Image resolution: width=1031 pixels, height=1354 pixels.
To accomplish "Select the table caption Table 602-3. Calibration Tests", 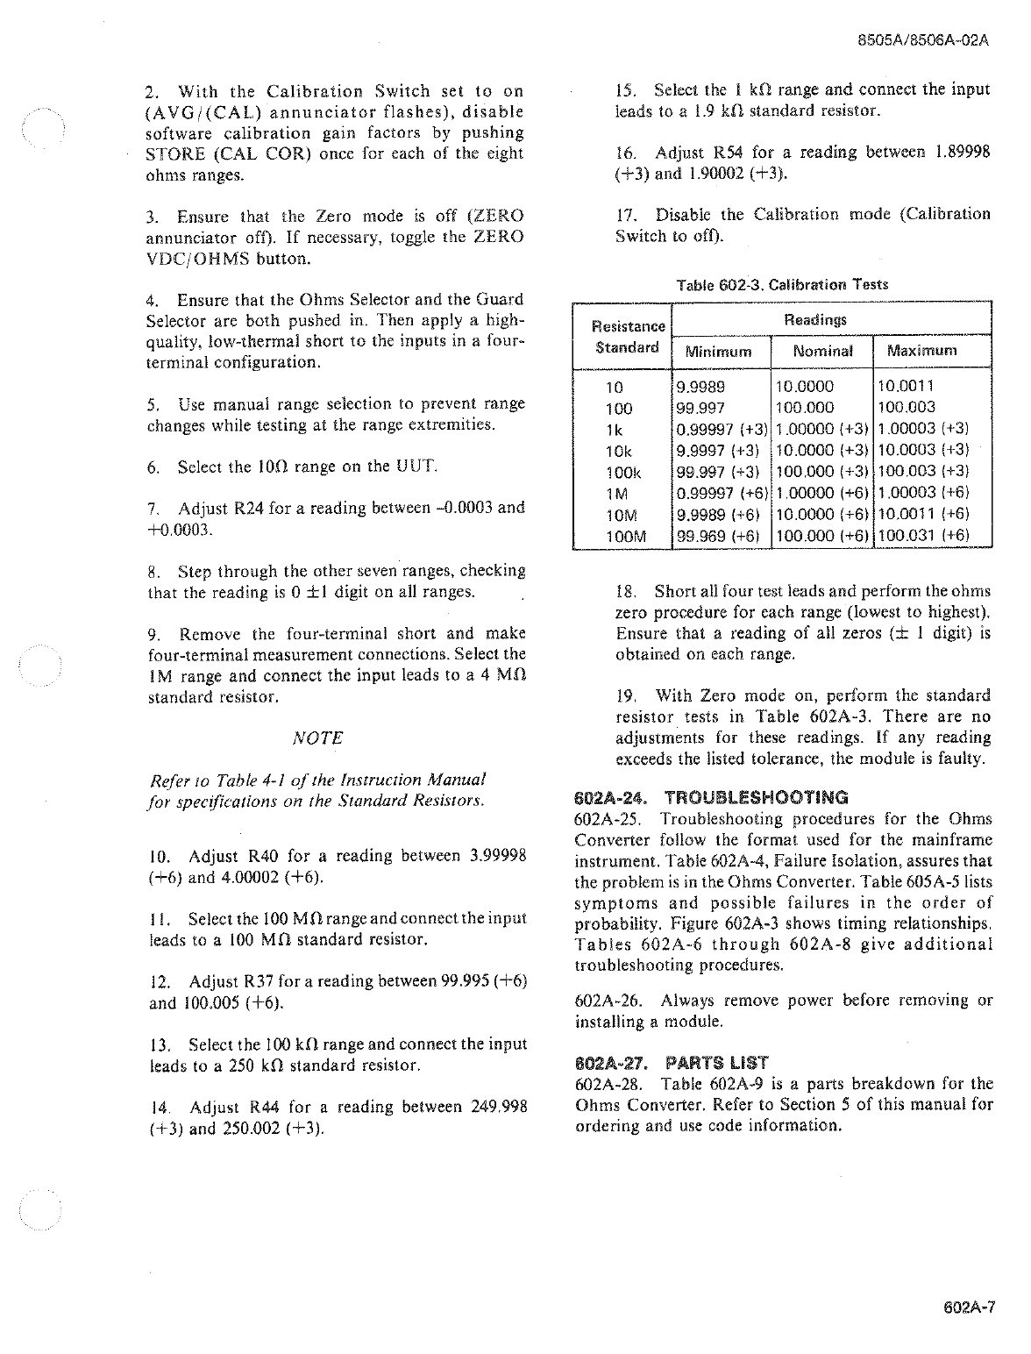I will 782,285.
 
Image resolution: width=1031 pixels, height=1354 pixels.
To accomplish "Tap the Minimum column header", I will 719,352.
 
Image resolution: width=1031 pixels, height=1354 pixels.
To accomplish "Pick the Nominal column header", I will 822,352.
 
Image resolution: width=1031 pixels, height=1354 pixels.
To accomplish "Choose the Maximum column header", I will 922,352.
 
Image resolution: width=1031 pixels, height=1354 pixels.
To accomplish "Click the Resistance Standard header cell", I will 627,336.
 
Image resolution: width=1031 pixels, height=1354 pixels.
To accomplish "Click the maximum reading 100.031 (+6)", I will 923,535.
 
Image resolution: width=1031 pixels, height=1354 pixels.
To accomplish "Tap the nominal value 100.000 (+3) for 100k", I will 823,471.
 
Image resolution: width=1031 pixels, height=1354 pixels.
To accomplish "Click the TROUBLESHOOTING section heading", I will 757,798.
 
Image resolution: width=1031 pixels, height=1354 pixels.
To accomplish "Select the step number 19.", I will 626,695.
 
